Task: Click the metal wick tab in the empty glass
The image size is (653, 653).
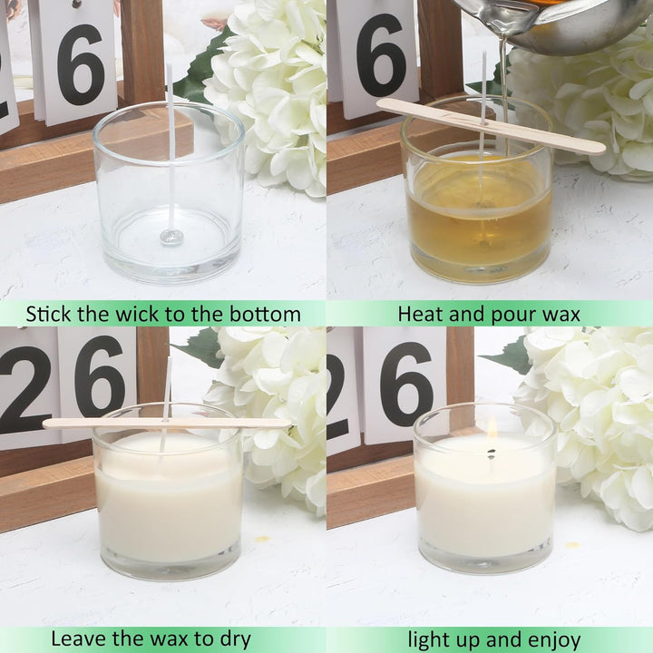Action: click(x=171, y=237)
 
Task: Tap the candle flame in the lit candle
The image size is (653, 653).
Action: click(x=492, y=427)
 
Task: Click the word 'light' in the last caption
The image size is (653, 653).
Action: click(x=427, y=640)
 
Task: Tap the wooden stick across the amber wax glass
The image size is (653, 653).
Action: click(x=492, y=125)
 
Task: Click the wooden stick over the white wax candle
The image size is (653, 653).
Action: click(x=167, y=424)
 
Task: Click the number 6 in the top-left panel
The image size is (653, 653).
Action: click(x=81, y=65)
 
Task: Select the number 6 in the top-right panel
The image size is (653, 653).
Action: click(x=382, y=55)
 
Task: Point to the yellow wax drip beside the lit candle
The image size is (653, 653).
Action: click(x=573, y=544)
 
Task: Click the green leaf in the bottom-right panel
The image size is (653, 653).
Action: click(x=507, y=355)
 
